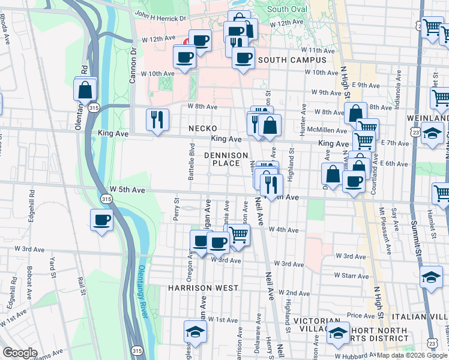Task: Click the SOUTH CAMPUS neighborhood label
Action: pyautogui.click(x=292, y=60)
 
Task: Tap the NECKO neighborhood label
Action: pyautogui.click(x=203, y=128)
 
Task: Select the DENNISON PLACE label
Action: pyautogui.click(x=226, y=159)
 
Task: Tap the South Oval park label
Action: pyautogui.click(x=286, y=10)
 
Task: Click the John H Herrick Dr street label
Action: pyautogui.click(x=160, y=17)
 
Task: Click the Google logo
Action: pyautogui.click(x=20, y=353)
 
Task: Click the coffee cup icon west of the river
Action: pyautogui.click(x=101, y=219)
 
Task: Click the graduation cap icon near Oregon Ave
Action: pyautogui.click(x=195, y=331)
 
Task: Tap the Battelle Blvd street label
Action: pyautogui.click(x=191, y=161)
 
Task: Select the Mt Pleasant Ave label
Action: pyautogui.click(x=382, y=225)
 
